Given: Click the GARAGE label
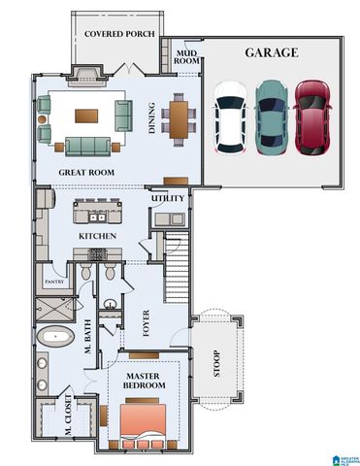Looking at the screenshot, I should coord(271,52).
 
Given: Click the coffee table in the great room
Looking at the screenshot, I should coord(86,115).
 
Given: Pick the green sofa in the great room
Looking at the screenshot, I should coord(88,146).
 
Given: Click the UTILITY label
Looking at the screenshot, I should coord(167,199).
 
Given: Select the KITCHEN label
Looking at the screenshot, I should coord(98,236).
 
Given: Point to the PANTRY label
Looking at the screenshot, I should coord(50,283).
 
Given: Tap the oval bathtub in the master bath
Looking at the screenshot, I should coord(56,338).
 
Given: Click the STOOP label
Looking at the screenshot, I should coord(215,365).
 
